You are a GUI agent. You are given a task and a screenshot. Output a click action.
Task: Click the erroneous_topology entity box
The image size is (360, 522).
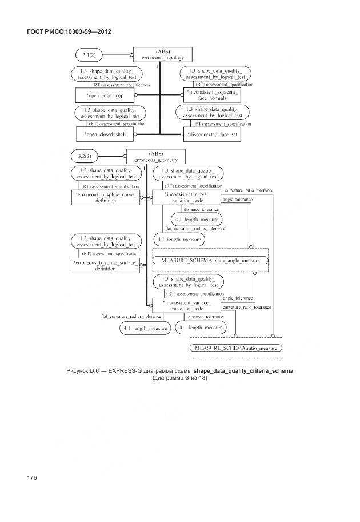[x=163, y=54]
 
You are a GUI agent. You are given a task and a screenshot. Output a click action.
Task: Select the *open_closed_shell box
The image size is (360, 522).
[x=105, y=135]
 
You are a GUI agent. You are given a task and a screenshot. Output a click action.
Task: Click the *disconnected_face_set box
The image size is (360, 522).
[x=213, y=135]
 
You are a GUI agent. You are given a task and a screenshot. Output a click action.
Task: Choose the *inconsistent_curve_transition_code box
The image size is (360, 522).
[x=187, y=198]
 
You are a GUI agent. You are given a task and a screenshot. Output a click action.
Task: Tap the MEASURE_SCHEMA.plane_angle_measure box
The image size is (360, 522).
[x=210, y=260]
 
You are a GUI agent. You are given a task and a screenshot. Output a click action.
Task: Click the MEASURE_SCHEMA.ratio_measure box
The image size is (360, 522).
[x=236, y=348]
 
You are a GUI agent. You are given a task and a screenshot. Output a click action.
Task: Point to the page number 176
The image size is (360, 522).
[x=31, y=477]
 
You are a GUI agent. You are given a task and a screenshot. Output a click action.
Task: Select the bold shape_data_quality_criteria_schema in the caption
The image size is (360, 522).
[x=243, y=370]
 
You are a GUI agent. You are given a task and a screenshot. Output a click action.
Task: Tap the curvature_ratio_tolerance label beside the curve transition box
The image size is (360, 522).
[x=249, y=190]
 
